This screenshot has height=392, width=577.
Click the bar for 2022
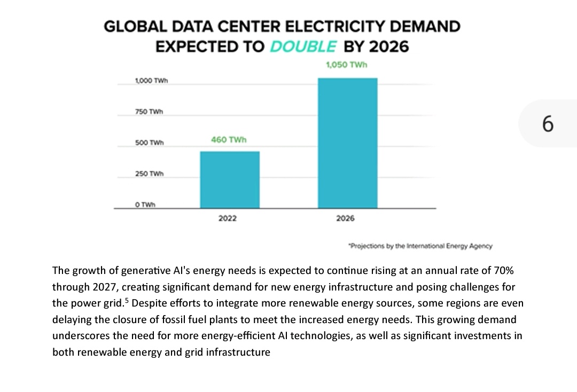[x=230, y=180]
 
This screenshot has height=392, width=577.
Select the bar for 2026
[x=348, y=143]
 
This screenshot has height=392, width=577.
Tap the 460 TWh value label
[x=229, y=140]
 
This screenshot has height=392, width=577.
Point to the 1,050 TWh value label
[x=347, y=65]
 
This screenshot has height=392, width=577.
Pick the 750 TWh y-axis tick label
[x=149, y=112]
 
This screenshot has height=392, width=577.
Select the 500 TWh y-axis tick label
[x=149, y=143]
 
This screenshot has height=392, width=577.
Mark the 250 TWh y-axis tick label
[x=149, y=174]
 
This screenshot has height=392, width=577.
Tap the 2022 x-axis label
[x=228, y=218]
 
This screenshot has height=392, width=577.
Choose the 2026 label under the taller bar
[x=345, y=218]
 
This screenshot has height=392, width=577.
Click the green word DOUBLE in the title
[x=303, y=46]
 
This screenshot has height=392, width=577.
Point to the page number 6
[x=548, y=124]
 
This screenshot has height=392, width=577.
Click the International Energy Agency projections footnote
[x=420, y=246]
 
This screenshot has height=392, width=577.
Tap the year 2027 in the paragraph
[x=105, y=287]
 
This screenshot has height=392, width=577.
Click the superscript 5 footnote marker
[x=127, y=300]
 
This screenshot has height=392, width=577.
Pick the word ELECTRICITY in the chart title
[x=341, y=26]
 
